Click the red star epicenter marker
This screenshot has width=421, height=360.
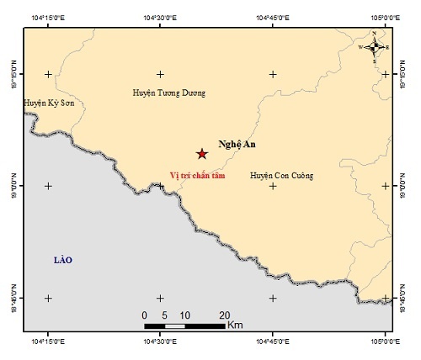202,153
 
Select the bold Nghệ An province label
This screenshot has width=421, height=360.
236,144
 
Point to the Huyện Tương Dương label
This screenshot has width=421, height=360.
169,93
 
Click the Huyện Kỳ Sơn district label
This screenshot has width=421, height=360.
47,103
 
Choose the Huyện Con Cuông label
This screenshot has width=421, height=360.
281,176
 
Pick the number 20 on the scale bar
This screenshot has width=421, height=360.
224,315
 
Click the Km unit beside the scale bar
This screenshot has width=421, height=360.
236,325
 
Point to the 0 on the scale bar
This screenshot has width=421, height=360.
145,315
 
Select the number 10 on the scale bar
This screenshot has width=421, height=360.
184,315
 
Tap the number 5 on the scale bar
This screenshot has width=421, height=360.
164,315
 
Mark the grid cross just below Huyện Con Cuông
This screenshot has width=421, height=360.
273,186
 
